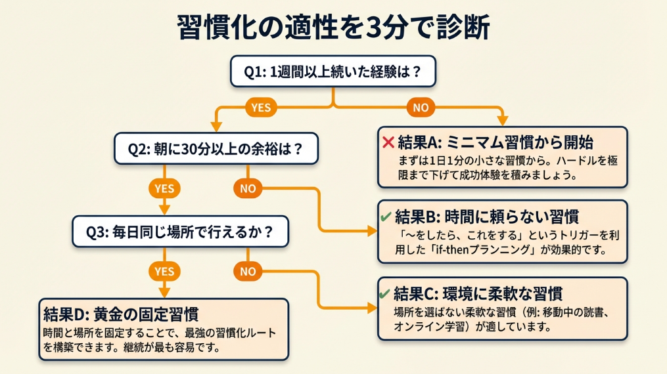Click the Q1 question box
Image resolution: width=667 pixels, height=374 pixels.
pos(333,72)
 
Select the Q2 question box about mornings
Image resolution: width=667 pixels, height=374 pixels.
pos(216,148)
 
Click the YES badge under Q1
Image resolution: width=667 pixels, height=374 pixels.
pos(261,108)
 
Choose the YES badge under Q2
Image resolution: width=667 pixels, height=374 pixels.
pos(164,188)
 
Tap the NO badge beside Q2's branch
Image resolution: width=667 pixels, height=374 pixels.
pos(248,188)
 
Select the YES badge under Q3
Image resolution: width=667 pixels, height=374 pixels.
pos(164,270)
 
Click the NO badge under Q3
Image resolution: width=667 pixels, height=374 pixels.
pos(248,270)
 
